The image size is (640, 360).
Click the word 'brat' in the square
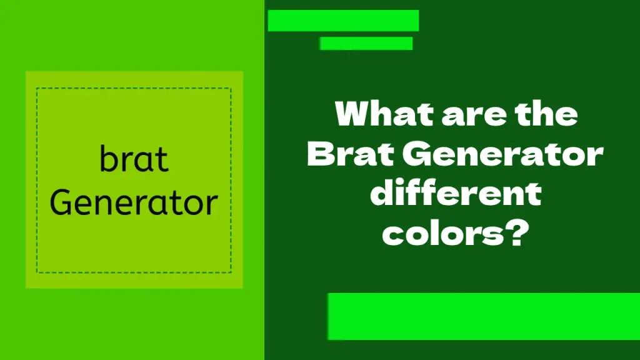pos(134,160)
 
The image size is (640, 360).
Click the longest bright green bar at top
pos(343,21)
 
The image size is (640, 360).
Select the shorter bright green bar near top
pos(366,44)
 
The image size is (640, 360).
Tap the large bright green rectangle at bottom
pos(484,316)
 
